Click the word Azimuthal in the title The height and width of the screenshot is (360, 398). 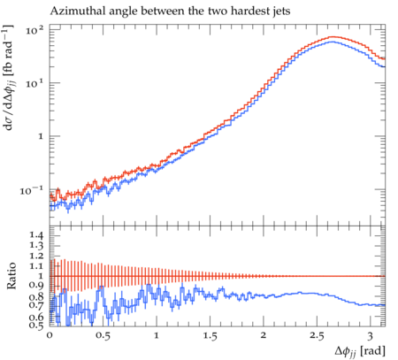pyautogui.click(x=74, y=11)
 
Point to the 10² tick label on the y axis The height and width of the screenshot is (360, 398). pyautogui.click(x=34, y=29)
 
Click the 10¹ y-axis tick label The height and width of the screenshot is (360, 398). pyautogui.click(x=34, y=83)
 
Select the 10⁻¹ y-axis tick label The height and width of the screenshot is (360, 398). pyautogui.click(x=31, y=190)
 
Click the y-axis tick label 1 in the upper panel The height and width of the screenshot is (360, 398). pyautogui.click(x=41, y=137)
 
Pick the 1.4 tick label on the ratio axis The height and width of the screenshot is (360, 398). pyautogui.click(x=36, y=235)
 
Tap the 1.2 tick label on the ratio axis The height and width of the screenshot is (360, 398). pyautogui.click(x=36, y=256)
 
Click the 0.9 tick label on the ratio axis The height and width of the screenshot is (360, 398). pyautogui.click(x=36, y=286)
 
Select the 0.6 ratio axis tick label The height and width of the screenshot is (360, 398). pyautogui.click(x=36, y=318)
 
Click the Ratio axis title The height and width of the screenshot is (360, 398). pyautogui.click(x=11, y=276)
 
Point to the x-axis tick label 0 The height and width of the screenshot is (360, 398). pyautogui.click(x=50, y=335)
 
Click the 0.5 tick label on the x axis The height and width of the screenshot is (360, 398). pyautogui.click(x=103, y=335)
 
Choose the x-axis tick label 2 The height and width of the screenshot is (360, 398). pyautogui.click(x=264, y=335)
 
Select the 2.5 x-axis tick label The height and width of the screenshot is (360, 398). pyautogui.click(x=317, y=335)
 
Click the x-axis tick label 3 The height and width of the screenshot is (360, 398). pyautogui.click(x=371, y=335)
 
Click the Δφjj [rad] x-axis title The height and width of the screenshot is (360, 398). pyautogui.click(x=360, y=351)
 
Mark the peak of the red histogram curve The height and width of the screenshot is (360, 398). pyautogui.click(x=333, y=37)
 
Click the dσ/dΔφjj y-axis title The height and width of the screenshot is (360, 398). pyautogui.click(x=9, y=78)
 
